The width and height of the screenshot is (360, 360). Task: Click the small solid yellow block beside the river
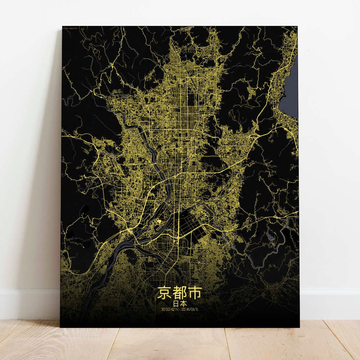point(158,221)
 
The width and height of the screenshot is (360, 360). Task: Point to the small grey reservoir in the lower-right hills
point(270,236)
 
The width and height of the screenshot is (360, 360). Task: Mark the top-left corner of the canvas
point(62,26)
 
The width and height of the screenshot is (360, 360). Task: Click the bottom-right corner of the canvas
point(299,327)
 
